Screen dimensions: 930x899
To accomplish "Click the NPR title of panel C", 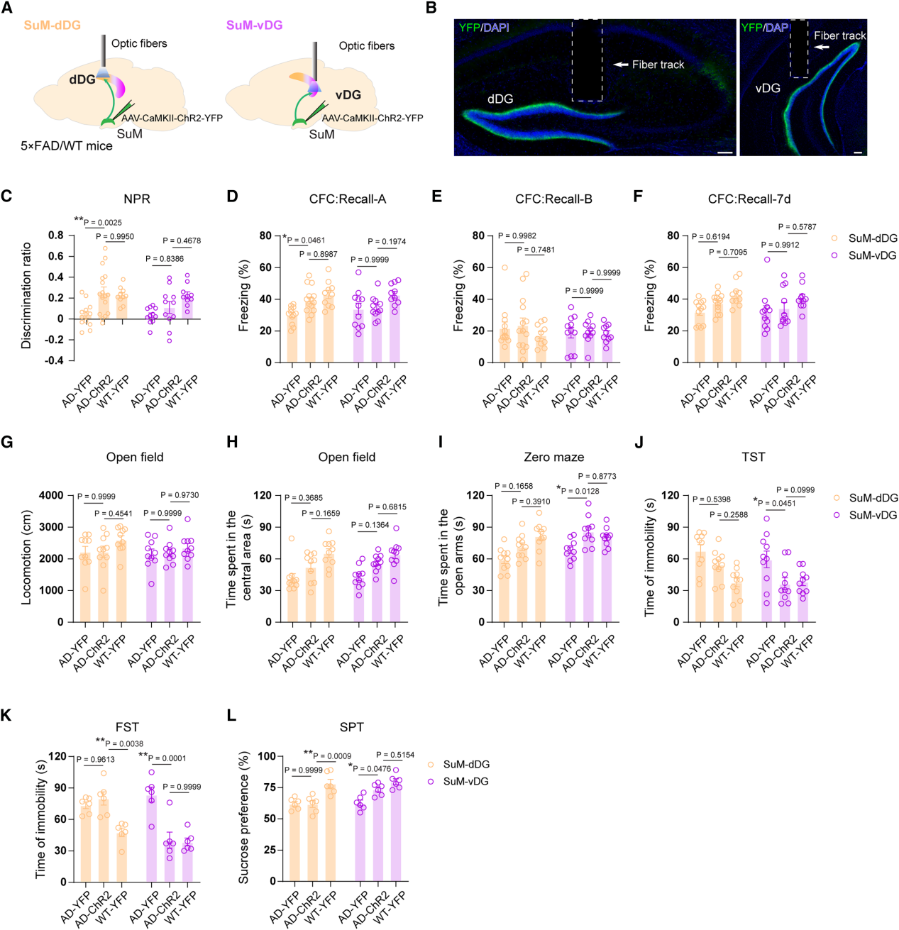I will pyautogui.click(x=136, y=199).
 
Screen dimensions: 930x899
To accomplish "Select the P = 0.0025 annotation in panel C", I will pyautogui.click(x=103, y=223).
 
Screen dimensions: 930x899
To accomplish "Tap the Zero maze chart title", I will pyautogui.click(x=553, y=458).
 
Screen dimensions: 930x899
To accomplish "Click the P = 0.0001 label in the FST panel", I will pyautogui.click(x=167, y=758).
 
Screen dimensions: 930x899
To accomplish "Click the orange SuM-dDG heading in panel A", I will pyautogui.click(x=52, y=26).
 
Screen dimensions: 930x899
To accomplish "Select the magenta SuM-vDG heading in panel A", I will pyautogui.click(x=254, y=26).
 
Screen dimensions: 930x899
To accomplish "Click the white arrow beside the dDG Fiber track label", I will pyautogui.click(x=621, y=65).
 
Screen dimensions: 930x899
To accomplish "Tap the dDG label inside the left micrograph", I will pyautogui.click(x=500, y=99).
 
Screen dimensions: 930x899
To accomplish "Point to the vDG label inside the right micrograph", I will pyautogui.click(x=768, y=88).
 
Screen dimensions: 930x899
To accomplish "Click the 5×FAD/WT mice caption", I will pyautogui.click(x=66, y=146).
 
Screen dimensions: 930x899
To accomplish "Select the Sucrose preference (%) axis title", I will pyautogui.click(x=244, y=818).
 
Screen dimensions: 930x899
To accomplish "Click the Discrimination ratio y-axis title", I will pyautogui.click(x=26, y=296).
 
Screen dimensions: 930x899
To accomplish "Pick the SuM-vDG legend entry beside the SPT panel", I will pyautogui.click(x=458, y=781).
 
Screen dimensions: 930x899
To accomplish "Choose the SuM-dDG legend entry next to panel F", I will pyautogui.click(x=865, y=238).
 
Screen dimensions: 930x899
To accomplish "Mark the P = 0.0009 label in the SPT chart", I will pyautogui.click(x=332, y=756).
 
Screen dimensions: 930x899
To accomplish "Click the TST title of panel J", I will pyautogui.click(x=753, y=458).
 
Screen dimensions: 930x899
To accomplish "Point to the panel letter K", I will pyautogui.click(x=7, y=715).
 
